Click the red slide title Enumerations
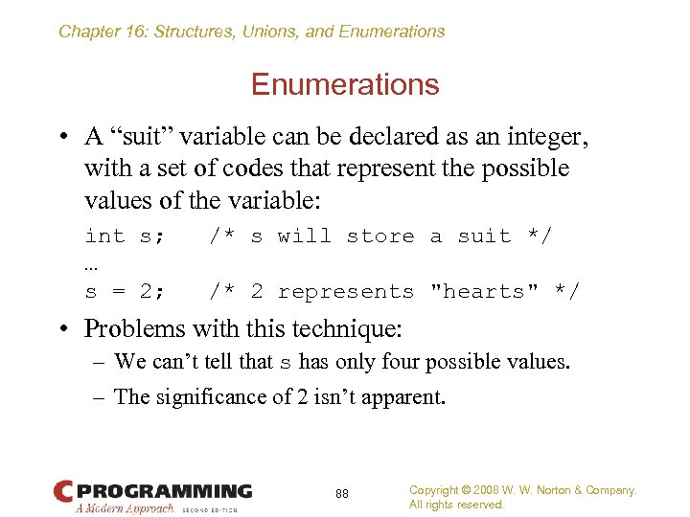pyautogui.click(x=345, y=85)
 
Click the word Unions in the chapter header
pyautogui.click(x=271, y=32)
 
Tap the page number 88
pyautogui.click(x=342, y=494)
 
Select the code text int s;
pyautogui.click(x=125, y=236)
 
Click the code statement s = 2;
pyautogui.click(x=125, y=292)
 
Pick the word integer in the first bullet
pyautogui.click(x=542, y=137)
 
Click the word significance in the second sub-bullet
pyautogui.click(x=205, y=396)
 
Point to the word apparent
pyautogui.click(x=406, y=396)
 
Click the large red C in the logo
pyautogui.click(x=63, y=492)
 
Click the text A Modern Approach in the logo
pyautogui.click(x=125, y=508)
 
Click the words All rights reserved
pyautogui.click(x=456, y=505)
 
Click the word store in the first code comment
pyautogui.click(x=380, y=236)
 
